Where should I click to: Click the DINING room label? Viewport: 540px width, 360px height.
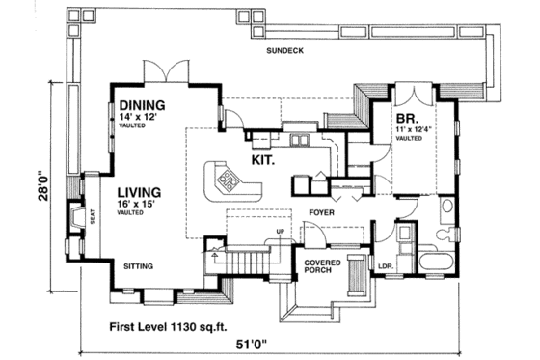(142, 105)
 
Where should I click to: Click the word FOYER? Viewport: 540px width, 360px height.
(322, 209)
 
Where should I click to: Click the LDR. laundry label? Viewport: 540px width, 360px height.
(383, 265)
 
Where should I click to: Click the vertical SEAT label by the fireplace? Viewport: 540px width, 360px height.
(93, 218)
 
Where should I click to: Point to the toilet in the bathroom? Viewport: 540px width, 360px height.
(445, 234)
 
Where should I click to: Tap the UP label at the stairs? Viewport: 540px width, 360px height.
(280, 232)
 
